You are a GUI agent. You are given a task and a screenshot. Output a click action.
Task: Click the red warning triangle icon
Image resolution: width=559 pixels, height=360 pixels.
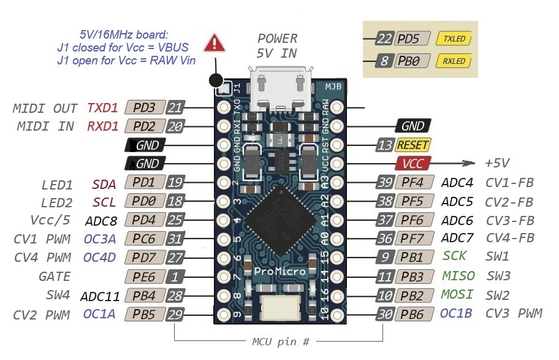coord(215,42)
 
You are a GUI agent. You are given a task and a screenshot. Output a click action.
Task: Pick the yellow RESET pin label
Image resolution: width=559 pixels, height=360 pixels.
coord(413,145)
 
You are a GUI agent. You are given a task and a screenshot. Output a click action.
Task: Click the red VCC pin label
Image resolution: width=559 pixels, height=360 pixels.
coord(413,163)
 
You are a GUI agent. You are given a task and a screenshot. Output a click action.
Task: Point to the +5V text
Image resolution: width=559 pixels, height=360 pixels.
coord(498,163)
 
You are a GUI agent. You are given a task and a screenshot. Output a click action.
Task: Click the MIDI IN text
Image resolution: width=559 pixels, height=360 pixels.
coord(45,126)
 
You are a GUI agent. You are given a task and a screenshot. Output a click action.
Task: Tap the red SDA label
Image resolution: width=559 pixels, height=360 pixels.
coord(104,183)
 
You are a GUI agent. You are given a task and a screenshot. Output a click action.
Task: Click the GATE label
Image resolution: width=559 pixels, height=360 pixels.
coord(55,277)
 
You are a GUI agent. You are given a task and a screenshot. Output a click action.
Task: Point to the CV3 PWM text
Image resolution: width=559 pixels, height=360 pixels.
coord(514,314)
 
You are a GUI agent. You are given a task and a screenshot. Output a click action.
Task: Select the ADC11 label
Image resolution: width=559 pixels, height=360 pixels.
coord(100,296)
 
